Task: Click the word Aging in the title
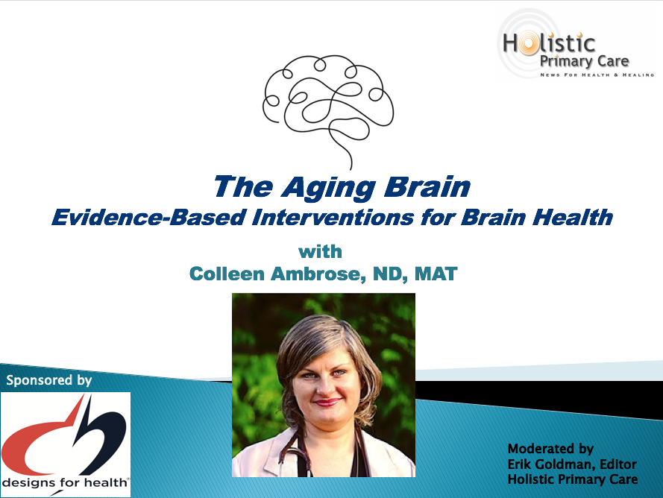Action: [x=329, y=188]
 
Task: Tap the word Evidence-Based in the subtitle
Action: [x=149, y=217]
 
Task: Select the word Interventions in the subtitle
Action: [x=333, y=217]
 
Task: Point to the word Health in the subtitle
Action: [x=573, y=217]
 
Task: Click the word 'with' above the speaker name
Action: [x=320, y=251]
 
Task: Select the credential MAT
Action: [x=436, y=274]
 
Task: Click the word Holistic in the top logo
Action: [x=549, y=44]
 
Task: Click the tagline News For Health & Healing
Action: [x=597, y=75]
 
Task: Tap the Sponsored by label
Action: [x=49, y=380]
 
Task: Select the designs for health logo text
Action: [x=65, y=482]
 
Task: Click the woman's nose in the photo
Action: [x=326, y=386]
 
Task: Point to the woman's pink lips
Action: [x=327, y=402]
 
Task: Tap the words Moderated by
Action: [x=550, y=449]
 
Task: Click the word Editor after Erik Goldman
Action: [x=618, y=464]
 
